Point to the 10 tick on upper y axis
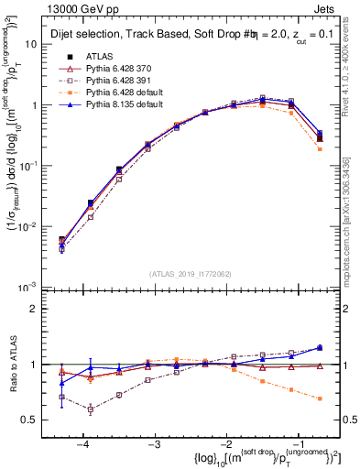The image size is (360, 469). click(x=31, y=43)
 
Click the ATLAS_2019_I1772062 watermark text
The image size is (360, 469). click(x=191, y=274)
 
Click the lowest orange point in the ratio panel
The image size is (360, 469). click(x=319, y=398)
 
